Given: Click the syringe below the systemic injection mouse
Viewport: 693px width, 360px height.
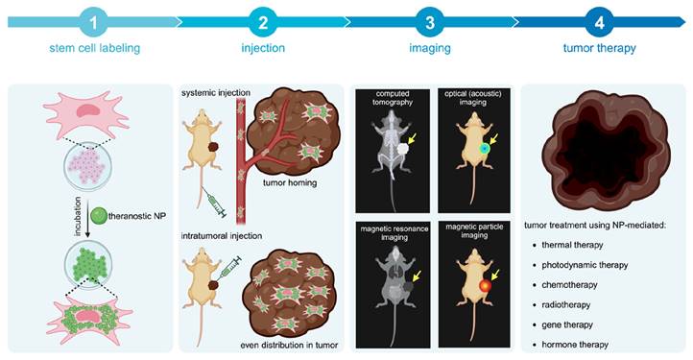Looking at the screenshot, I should (x=216, y=202).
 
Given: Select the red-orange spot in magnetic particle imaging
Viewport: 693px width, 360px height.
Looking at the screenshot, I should (x=488, y=285).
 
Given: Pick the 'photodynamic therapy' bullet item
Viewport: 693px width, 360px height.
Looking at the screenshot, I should (x=588, y=264).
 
